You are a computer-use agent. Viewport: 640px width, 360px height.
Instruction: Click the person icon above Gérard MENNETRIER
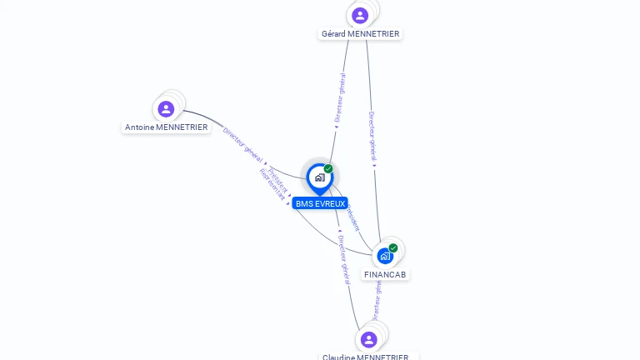coord(360,15)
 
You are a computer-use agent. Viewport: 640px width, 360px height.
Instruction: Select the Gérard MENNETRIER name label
coord(360,34)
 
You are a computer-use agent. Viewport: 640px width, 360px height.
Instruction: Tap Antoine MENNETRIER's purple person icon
coord(166,108)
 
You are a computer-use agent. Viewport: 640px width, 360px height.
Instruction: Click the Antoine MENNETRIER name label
coord(166,127)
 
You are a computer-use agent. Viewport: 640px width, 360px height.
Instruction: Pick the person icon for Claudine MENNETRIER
coord(369,339)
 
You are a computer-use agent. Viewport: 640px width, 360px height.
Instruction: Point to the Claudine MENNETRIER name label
coord(366,357)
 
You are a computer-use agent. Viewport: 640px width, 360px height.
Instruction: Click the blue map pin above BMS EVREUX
coord(319,177)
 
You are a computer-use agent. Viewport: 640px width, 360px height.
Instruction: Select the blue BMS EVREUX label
coord(320,203)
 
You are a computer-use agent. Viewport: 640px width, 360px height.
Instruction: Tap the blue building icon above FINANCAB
coord(384,256)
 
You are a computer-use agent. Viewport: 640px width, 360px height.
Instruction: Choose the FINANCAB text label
coord(386,274)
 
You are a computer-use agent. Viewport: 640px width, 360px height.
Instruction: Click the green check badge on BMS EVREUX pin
coord(328,169)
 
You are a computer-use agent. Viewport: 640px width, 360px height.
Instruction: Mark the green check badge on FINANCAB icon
coord(393,247)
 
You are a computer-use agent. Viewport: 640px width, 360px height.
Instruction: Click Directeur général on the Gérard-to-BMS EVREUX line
coord(340,98)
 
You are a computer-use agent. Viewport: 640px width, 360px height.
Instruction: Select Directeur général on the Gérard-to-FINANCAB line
coord(372,137)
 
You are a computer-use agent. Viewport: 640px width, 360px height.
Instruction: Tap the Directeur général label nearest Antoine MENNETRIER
coord(243,145)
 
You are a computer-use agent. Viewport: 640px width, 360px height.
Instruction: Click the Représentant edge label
coord(272,184)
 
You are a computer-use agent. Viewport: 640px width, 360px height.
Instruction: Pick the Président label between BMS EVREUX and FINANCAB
coord(352,216)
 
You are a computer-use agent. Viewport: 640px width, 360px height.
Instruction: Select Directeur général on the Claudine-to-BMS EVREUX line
coord(344,259)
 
